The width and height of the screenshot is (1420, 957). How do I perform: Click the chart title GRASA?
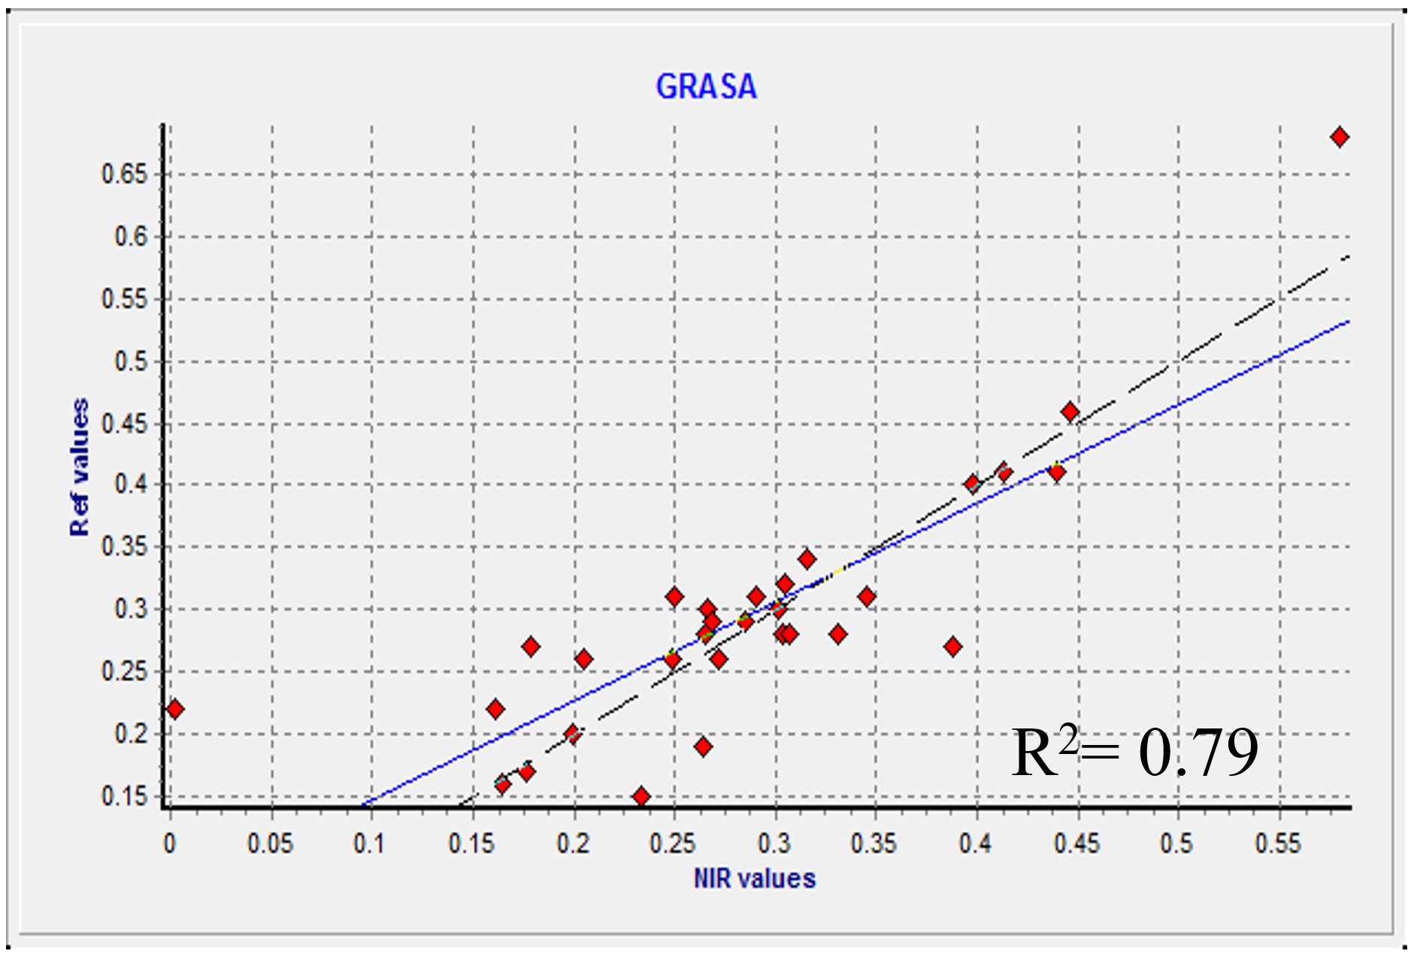pyautogui.click(x=706, y=86)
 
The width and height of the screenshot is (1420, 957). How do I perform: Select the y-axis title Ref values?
pyautogui.click(x=79, y=467)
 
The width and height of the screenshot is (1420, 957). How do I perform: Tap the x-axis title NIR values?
pyautogui.click(x=754, y=878)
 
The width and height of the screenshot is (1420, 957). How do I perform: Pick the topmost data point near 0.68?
pyautogui.click(x=1339, y=138)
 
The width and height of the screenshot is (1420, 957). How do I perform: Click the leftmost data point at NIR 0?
pyautogui.click(x=174, y=709)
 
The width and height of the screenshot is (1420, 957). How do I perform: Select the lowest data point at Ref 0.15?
pyautogui.click(x=640, y=796)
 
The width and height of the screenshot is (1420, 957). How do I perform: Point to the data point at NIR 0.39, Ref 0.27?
pyautogui.click(x=953, y=647)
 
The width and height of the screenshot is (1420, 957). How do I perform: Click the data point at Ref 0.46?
pyautogui.click(x=1070, y=412)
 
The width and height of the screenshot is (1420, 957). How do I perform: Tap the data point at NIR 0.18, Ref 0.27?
pyautogui.click(x=531, y=647)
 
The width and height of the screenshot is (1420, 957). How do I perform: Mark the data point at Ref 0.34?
pyautogui.click(x=807, y=559)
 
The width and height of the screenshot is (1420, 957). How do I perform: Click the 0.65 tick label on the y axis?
pyautogui.click(x=125, y=174)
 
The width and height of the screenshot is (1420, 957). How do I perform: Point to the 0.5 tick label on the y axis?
pyautogui.click(x=131, y=362)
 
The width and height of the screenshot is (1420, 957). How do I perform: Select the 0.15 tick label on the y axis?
pyautogui.click(x=125, y=796)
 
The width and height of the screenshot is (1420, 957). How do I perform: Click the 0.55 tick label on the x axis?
pyautogui.click(x=1277, y=843)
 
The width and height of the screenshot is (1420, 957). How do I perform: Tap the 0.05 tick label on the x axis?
pyautogui.click(x=271, y=843)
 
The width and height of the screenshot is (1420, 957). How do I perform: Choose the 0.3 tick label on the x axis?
pyautogui.click(x=774, y=843)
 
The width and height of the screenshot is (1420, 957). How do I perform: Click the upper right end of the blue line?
pyautogui.click(x=1348, y=322)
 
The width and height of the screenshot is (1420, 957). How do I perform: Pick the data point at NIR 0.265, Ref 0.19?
pyautogui.click(x=703, y=747)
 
